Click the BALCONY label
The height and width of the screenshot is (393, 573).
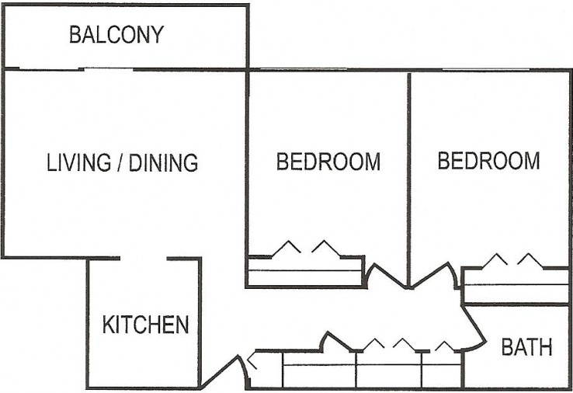(116, 35)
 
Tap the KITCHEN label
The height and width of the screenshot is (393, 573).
(145, 324)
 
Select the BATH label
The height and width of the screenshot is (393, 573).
(526, 347)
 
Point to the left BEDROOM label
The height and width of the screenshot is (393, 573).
(328, 162)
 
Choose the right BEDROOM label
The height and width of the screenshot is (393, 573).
(488, 161)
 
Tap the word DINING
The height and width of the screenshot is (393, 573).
(163, 163)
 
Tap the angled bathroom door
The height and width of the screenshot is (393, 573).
(474, 326)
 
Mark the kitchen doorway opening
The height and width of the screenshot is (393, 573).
(144, 259)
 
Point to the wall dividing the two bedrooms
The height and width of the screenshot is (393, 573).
(408, 171)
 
